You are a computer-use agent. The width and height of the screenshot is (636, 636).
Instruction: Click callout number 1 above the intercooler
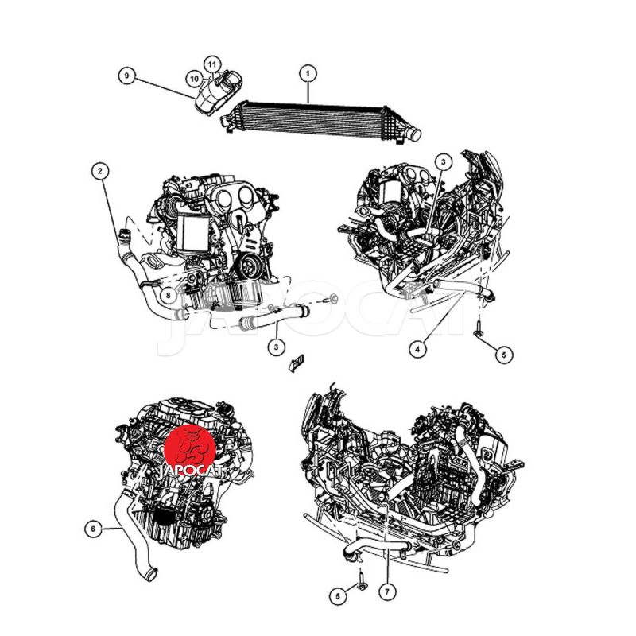(308, 74)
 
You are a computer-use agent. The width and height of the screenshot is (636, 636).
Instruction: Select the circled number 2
(100, 171)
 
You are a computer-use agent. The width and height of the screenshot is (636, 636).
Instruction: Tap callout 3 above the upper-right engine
(443, 162)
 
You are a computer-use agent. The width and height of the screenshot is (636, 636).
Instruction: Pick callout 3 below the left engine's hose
(276, 347)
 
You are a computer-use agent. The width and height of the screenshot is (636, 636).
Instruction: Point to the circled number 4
(418, 348)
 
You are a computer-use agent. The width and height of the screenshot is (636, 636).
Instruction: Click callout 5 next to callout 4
(504, 355)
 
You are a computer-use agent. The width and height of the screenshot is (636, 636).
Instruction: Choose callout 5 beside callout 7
(338, 595)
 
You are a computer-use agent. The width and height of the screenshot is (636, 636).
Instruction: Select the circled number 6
(93, 529)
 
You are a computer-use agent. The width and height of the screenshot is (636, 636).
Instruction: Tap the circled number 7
(387, 591)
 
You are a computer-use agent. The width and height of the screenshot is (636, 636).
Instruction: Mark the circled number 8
(169, 296)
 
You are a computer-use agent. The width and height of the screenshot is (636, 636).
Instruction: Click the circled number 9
(127, 76)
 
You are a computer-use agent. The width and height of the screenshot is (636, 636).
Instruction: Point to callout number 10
(194, 78)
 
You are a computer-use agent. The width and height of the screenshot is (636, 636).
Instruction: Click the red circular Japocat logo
(190, 450)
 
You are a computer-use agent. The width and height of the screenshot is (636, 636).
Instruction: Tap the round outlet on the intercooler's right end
(415, 134)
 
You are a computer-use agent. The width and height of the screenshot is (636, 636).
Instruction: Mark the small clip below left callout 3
(297, 363)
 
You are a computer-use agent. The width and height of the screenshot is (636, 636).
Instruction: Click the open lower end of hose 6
(150, 575)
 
